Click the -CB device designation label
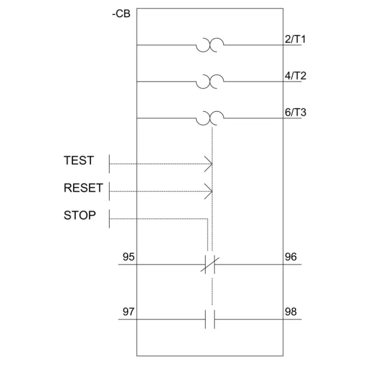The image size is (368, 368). pyautogui.click(x=121, y=13)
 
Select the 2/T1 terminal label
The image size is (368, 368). pyautogui.click(x=295, y=39)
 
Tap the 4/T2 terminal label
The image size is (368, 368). pyautogui.click(x=295, y=76)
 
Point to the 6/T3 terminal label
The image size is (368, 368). pyautogui.click(x=295, y=112)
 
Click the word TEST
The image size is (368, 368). pyautogui.click(x=79, y=160)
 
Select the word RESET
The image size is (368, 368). pyautogui.click(x=83, y=188)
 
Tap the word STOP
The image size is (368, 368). pyautogui.click(x=80, y=215)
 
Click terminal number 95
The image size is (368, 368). pyautogui.click(x=129, y=257)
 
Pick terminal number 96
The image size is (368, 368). pyautogui.click(x=291, y=257)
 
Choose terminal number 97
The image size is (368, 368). pyautogui.click(x=129, y=312)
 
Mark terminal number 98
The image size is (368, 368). pyautogui.click(x=291, y=312)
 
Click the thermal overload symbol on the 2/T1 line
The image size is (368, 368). pyautogui.click(x=210, y=45)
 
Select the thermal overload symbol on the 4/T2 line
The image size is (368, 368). pyautogui.click(x=210, y=81)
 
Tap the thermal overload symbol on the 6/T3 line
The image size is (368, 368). pyautogui.click(x=210, y=118)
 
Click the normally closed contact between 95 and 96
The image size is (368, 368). pyautogui.click(x=210, y=265)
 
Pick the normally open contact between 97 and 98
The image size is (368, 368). pyautogui.click(x=210, y=320)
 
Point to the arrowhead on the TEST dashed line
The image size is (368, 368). pyautogui.click(x=208, y=164)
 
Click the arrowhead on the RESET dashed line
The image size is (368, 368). pyautogui.click(x=208, y=191)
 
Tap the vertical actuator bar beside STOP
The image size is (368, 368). pyautogui.click(x=110, y=219)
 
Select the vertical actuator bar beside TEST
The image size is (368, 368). pyautogui.click(x=110, y=164)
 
